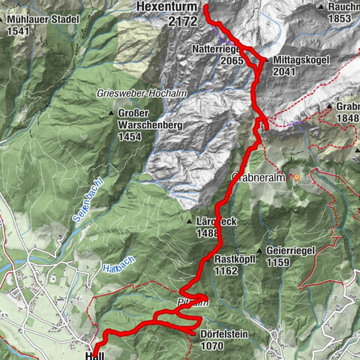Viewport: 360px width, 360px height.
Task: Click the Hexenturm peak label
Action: (x=167, y=7)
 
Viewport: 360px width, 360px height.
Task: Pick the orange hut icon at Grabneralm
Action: (x=297, y=178)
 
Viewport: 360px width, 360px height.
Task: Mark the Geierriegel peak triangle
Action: (x=259, y=251)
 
